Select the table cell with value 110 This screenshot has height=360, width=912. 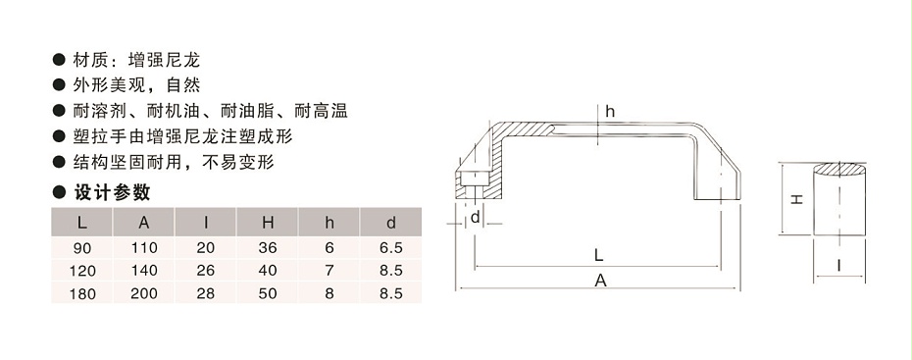[x=143, y=248]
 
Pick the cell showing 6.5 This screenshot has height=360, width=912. [x=391, y=248]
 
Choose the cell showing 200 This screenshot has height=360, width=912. [x=143, y=293]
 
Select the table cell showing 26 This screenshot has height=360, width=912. [x=206, y=271]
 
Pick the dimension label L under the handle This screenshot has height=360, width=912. [x=598, y=252]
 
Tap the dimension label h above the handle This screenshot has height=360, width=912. [x=609, y=111]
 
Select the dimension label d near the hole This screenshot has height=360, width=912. [x=475, y=217]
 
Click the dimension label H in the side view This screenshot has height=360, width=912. [x=797, y=198]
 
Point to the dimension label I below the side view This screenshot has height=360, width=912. [x=842, y=266]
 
